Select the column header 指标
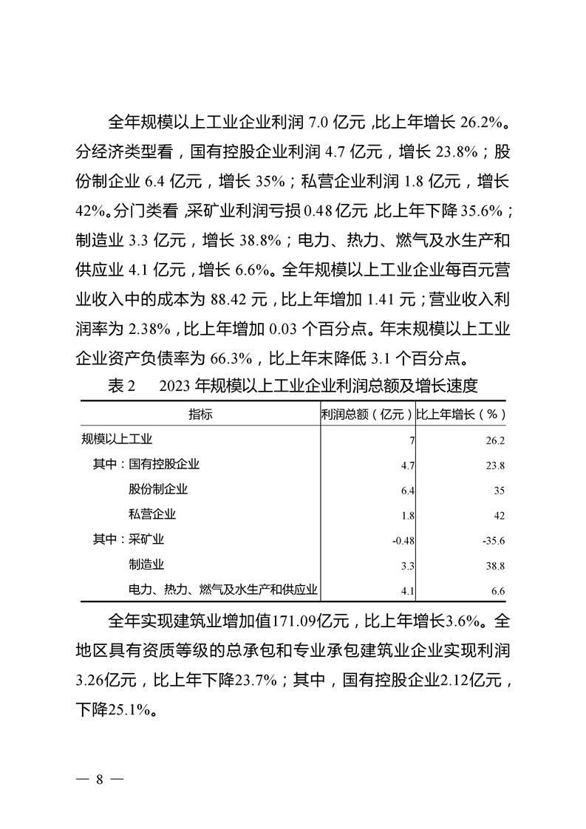[200, 414]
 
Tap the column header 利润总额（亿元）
[367, 414]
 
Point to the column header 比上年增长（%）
[461, 414]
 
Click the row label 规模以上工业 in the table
[117, 440]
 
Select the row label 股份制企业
[158, 489]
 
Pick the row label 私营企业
[152, 514]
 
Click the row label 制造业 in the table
[146, 564]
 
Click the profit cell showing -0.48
[403, 540]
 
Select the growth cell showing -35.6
[493, 540]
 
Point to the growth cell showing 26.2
[496, 440]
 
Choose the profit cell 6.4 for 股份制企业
[407, 490]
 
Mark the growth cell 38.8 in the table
[496, 565]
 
